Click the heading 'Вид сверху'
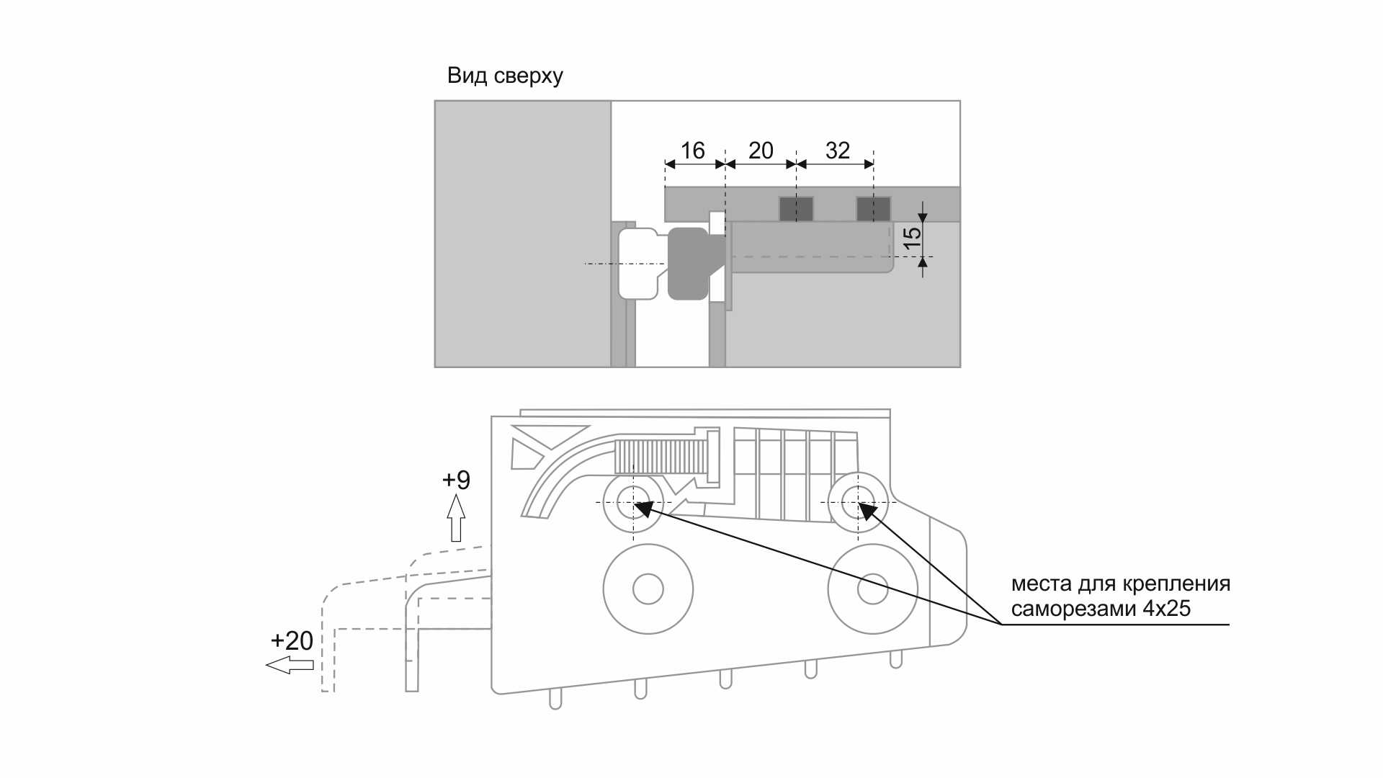[x=505, y=76]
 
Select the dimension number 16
[x=692, y=151]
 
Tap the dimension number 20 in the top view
[x=761, y=151]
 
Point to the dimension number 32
[x=838, y=151]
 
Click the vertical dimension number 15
[x=912, y=237]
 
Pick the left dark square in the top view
[x=796, y=210]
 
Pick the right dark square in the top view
[x=873, y=210]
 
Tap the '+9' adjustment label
[x=456, y=480]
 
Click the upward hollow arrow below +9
[x=456, y=518]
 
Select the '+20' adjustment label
[x=292, y=640]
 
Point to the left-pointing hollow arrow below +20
[x=290, y=665]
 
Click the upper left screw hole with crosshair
[x=632, y=502]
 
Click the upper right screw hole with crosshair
[x=857, y=502]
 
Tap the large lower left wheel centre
[x=648, y=589]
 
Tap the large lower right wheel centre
[x=872, y=589]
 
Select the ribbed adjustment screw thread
[x=661, y=457]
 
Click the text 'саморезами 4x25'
[x=1101, y=609]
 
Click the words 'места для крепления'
[x=1120, y=583]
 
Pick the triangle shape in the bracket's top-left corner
[x=547, y=435]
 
